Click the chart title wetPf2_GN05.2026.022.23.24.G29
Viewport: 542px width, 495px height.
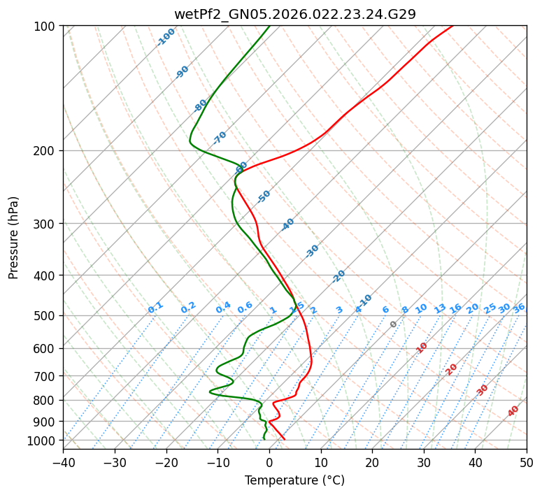pos(294,13)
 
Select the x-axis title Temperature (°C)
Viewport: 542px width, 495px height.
pos(294,481)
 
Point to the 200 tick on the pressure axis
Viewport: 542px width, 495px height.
pos(48,151)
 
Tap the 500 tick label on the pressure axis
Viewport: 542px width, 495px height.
pos(48,316)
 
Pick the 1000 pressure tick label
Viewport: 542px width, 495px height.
pos(45,440)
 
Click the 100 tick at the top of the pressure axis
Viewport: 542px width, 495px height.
pos(48,27)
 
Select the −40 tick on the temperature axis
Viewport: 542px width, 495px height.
pos(63,463)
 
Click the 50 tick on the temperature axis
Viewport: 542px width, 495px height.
pos(527,463)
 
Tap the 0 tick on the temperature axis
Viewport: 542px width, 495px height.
pos(269,463)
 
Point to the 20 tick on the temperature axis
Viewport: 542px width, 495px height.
pos(372,463)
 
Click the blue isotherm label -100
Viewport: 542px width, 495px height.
pos(166,37)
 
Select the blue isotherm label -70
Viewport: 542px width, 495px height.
pos(220,138)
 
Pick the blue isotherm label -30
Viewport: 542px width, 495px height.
pos(312,251)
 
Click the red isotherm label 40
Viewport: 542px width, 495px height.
pos(513,411)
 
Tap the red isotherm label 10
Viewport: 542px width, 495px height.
pos(422,347)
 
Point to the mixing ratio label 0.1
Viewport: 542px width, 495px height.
pos(155,308)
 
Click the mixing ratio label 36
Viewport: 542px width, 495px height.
pos(519,308)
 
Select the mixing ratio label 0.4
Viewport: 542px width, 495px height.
pos(223,308)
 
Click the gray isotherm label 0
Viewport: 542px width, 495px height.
pos(394,324)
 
